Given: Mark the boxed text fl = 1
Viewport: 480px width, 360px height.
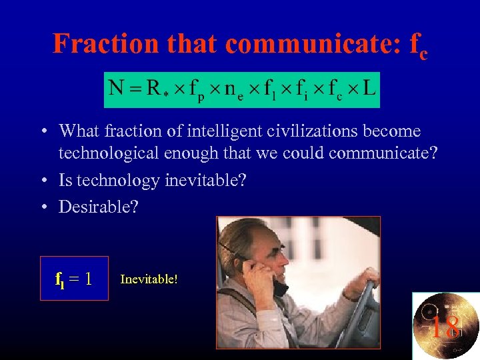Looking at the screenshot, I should (x=73, y=278).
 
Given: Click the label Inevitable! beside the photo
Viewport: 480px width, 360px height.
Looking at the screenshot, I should (x=149, y=279).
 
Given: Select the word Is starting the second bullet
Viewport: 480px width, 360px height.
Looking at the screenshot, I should (x=66, y=181).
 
